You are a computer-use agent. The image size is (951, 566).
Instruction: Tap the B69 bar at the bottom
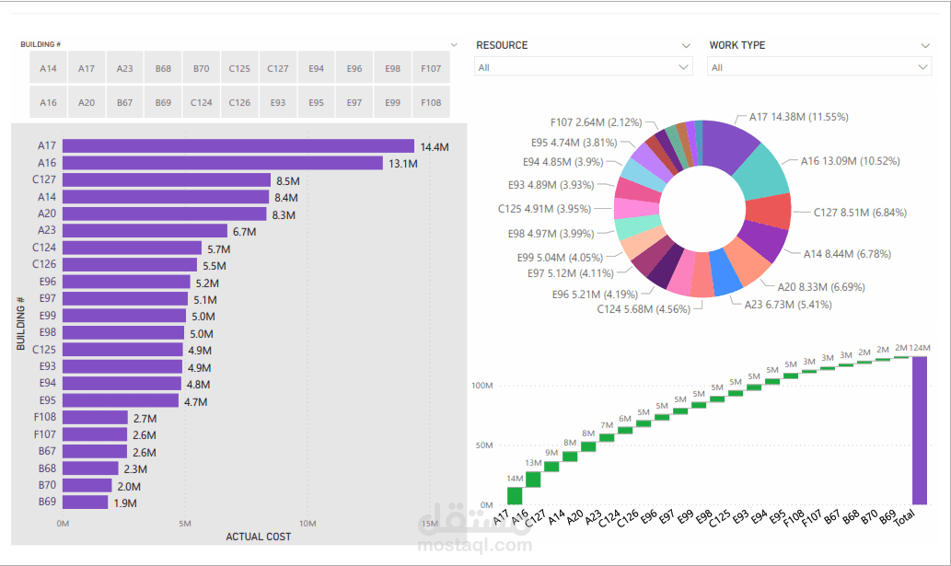pos(86,502)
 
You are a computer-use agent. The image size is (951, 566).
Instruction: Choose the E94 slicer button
pos(316,69)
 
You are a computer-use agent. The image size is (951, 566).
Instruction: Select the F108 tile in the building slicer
pos(431,103)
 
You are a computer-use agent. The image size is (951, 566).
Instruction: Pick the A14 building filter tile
pos(48,69)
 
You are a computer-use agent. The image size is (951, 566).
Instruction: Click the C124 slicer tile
pos(201,103)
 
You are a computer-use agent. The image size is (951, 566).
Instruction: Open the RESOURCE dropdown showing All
pos(584,67)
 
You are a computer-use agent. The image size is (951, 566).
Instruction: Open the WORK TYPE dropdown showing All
pos(818,67)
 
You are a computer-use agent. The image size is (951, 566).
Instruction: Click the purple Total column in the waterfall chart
pos(920,430)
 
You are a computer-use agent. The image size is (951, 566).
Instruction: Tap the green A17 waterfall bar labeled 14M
pos(515,495)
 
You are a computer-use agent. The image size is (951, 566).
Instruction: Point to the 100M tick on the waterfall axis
pos(481,385)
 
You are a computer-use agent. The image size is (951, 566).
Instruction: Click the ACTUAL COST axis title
pos(258,537)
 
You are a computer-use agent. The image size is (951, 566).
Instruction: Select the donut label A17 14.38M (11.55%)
pos(797,117)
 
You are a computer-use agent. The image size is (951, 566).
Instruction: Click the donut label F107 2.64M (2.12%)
pos(596,122)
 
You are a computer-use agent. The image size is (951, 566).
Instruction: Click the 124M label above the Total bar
pos(920,348)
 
